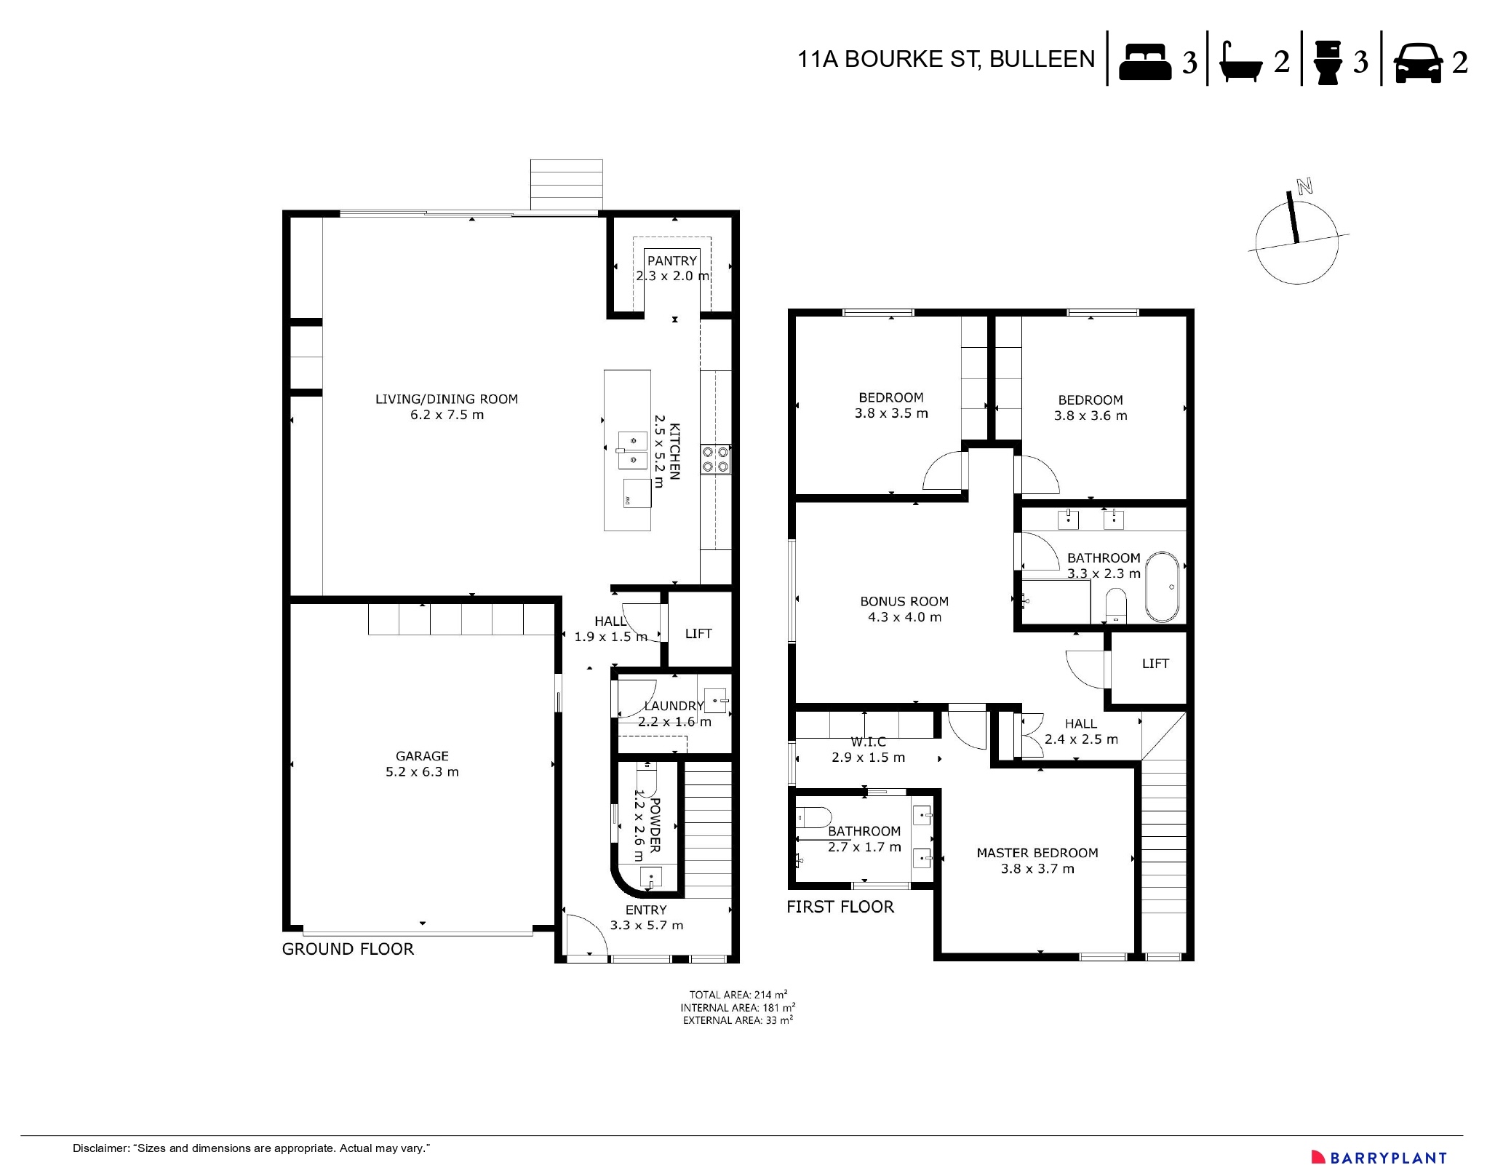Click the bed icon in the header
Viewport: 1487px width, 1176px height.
click(1144, 61)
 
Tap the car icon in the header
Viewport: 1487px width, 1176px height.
click(1418, 63)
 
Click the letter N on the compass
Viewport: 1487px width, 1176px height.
click(1304, 186)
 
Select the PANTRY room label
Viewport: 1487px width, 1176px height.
click(671, 261)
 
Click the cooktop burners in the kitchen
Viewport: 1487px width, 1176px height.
click(715, 460)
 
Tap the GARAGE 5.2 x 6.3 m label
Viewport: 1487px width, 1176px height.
click(422, 764)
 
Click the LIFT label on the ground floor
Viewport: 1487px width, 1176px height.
click(698, 634)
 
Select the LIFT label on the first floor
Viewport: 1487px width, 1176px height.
click(1155, 664)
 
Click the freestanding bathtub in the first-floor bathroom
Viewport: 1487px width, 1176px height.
click(1163, 587)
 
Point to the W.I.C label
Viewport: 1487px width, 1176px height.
click(868, 742)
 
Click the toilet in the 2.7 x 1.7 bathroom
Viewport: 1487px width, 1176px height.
click(813, 818)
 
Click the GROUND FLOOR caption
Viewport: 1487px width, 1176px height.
click(348, 949)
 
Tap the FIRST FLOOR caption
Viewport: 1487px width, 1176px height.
click(840, 907)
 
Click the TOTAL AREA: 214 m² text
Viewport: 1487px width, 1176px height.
click(738, 995)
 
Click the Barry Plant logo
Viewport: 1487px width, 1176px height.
click(1379, 1157)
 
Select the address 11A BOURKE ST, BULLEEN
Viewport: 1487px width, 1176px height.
click(946, 60)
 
